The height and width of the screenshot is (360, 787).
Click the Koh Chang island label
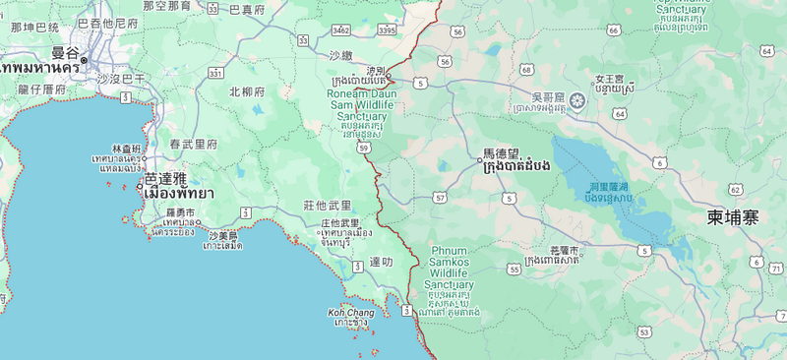(350, 313)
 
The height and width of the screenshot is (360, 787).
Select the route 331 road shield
(214, 74)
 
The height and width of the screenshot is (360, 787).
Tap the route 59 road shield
(363, 148)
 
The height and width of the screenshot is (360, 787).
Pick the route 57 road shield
(439, 198)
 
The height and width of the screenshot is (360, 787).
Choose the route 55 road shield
(514, 269)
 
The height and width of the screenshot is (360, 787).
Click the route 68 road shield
(526, 70)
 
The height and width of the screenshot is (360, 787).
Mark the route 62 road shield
(735, 188)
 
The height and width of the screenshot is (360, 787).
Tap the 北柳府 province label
(247, 91)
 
